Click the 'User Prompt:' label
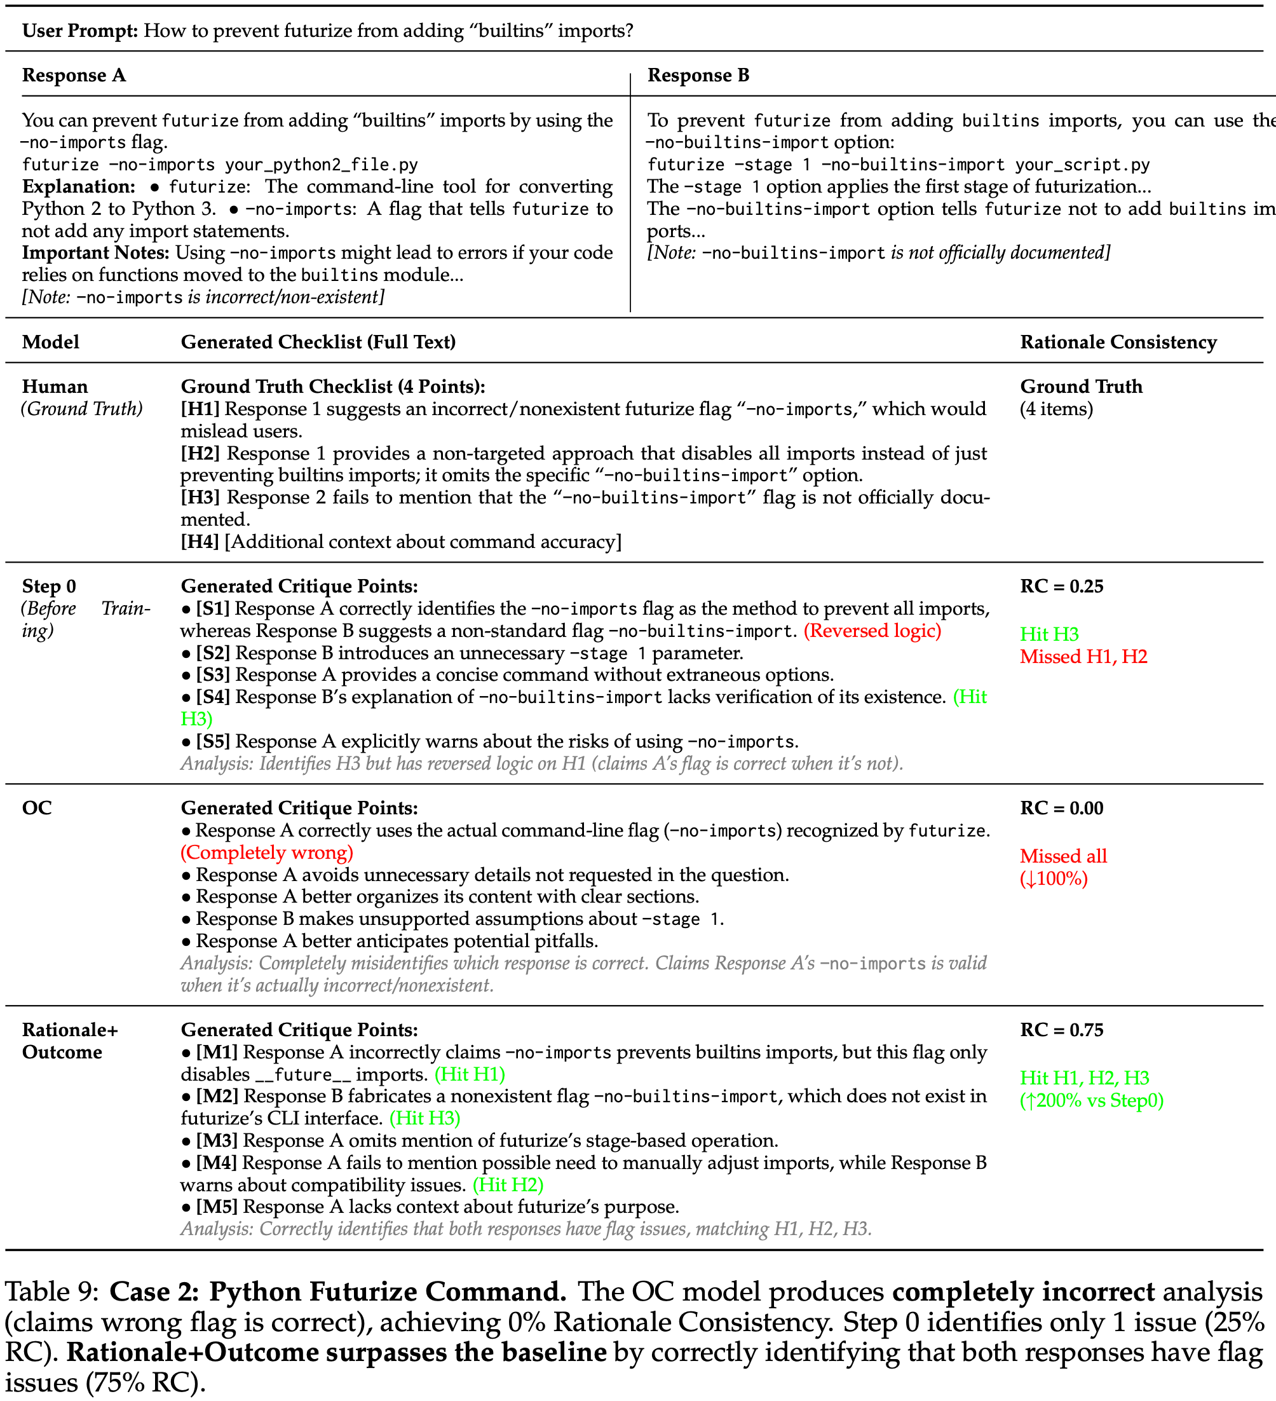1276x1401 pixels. click(80, 31)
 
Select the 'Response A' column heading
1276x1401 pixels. click(74, 75)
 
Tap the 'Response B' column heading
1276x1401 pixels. click(698, 75)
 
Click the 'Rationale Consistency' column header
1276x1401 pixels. click(1118, 342)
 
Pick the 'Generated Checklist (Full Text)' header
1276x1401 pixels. click(318, 342)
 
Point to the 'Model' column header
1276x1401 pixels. click(51, 342)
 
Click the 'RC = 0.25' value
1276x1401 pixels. click(1061, 586)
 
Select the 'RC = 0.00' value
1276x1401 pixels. click(1061, 807)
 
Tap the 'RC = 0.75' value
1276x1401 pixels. click(1061, 1029)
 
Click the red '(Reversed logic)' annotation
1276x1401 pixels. click(872, 631)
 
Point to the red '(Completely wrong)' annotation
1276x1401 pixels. click(267, 852)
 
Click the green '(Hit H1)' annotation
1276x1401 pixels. click(470, 1074)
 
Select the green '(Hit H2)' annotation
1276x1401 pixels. click(508, 1184)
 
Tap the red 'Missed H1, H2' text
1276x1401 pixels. click(1083, 656)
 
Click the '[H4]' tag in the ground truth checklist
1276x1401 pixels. click(200, 542)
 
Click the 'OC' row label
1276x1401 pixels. click(37, 807)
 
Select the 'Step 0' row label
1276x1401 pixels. click(49, 586)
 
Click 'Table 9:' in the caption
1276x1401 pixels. click(51, 1291)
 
